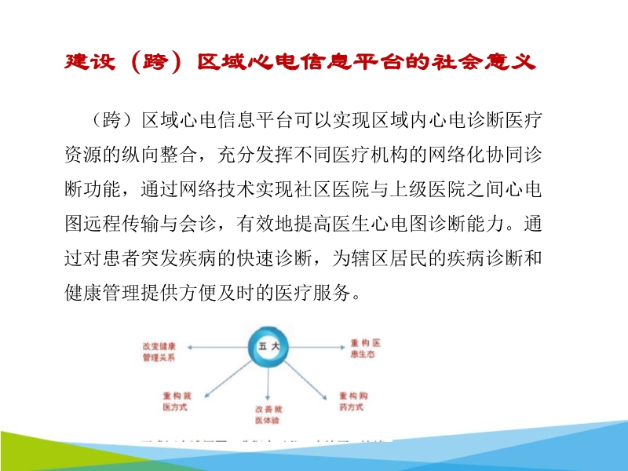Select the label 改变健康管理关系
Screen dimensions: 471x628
tap(158, 351)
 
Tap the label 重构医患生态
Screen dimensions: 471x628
tap(366, 350)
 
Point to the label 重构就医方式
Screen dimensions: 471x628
tap(177, 401)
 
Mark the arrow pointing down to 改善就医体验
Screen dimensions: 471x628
tap(269, 385)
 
